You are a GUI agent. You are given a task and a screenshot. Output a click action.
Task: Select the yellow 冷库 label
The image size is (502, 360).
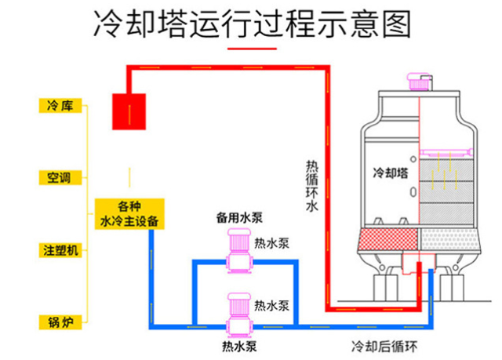(x=60, y=105)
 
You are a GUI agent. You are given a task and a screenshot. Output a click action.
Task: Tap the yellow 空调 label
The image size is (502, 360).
(x=60, y=178)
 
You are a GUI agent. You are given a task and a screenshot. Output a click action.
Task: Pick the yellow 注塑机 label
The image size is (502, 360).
(x=60, y=250)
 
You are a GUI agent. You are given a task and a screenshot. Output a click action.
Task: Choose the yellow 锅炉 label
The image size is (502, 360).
(x=60, y=321)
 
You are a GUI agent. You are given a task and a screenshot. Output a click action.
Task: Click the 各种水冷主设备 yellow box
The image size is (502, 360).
(x=130, y=213)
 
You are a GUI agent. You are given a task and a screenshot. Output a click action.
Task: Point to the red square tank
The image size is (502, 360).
(x=129, y=111)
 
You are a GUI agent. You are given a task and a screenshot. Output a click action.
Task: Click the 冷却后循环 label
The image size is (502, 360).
(x=384, y=345)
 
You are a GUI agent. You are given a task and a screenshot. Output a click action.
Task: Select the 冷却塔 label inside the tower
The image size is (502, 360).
(x=390, y=172)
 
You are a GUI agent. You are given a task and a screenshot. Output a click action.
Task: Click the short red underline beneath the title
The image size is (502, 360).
(x=250, y=49)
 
